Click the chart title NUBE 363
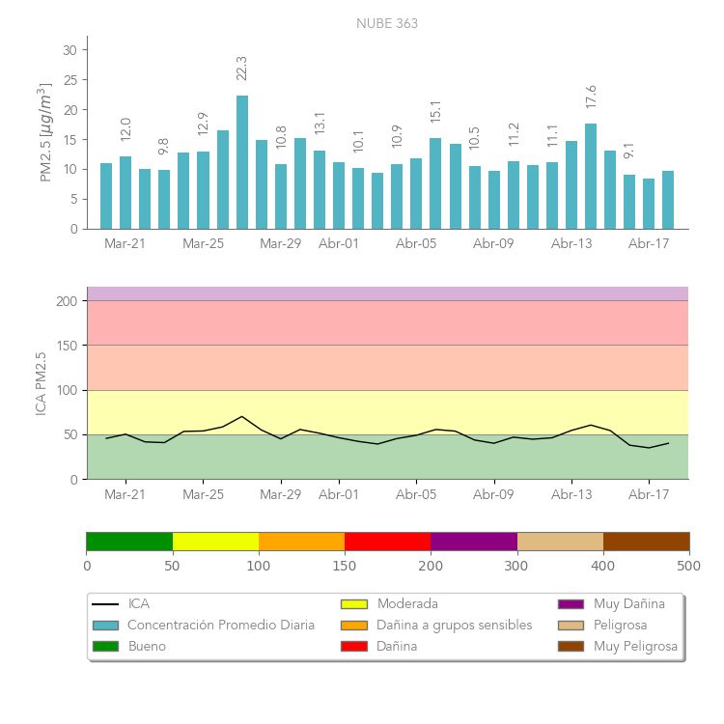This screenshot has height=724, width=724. pyautogui.click(x=387, y=23)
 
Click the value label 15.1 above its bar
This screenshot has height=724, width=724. pyautogui.click(x=435, y=112)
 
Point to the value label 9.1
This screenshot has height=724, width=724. pyautogui.click(x=629, y=151)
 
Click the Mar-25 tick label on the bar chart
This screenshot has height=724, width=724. pyautogui.click(x=203, y=244)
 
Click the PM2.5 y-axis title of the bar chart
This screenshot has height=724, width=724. pyautogui.click(x=44, y=133)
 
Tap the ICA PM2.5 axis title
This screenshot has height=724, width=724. pyautogui.click(x=41, y=383)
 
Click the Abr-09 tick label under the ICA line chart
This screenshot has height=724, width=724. pyautogui.click(x=493, y=495)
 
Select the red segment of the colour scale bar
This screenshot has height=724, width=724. pyautogui.click(x=387, y=541)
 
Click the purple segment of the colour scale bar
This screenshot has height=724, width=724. pyautogui.click(x=473, y=541)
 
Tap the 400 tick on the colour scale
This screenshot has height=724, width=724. pyautogui.click(x=603, y=566)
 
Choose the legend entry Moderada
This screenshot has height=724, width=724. pyautogui.click(x=405, y=604)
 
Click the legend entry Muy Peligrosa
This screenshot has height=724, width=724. pyautogui.click(x=635, y=647)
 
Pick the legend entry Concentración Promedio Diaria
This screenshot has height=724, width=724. pyautogui.click(x=220, y=626)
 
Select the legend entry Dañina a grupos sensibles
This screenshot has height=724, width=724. pyautogui.click(x=454, y=626)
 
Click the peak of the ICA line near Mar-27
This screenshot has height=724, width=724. pyautogui.click(x=242, y=416)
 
